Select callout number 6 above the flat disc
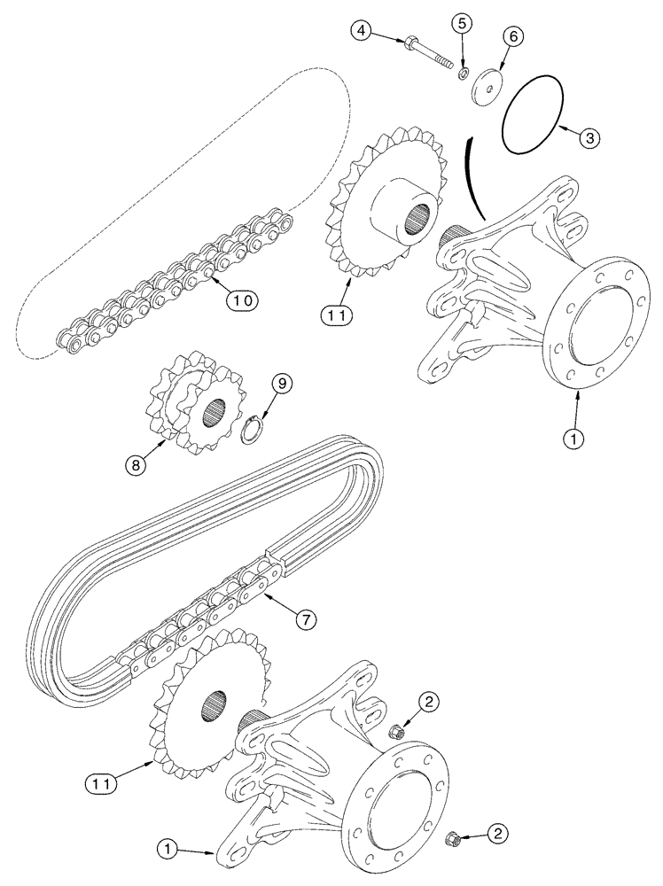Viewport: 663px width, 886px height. pos(515,37)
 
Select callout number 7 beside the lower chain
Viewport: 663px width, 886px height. pos(304,620)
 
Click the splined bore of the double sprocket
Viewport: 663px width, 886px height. pos(213,411)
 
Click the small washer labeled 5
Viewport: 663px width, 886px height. pos(464,71)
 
